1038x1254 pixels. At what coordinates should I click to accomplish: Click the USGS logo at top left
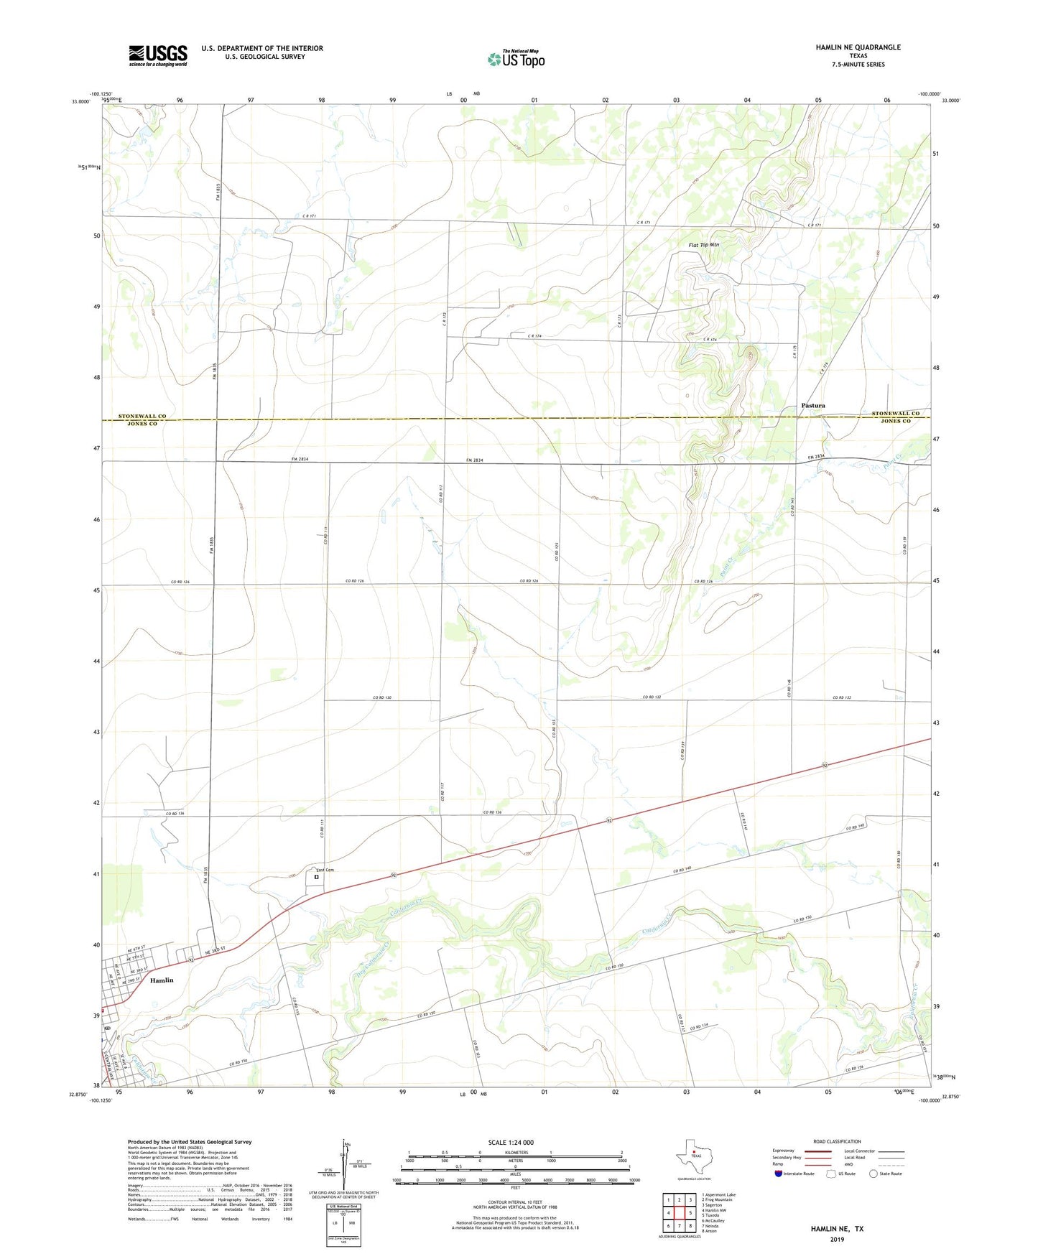(x=158, y=55)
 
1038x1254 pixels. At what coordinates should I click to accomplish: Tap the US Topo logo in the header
(x=516, y=59)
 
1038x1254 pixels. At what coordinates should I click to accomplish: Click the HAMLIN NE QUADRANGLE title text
(x=858, y=47)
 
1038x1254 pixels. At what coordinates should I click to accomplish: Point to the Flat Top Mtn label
(x=703, y=245)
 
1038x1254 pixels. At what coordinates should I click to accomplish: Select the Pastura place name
(x=812, y=406)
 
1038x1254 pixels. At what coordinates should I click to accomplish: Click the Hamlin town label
(x=162, y=980)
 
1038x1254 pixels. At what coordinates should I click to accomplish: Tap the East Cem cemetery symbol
(x=316, y=876)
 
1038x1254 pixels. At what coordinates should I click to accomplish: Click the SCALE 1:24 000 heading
(x=511, y=1143)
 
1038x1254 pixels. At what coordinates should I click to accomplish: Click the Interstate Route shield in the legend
(x=779, y=1174)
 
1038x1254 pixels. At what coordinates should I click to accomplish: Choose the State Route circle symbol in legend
(x=873, y=1174)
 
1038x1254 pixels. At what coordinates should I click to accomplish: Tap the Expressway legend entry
(x=783, y=1151)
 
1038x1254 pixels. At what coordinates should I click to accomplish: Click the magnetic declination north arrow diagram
(x=346, y=1164)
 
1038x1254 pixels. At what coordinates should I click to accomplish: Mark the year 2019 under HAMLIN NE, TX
(x=837, y=1240)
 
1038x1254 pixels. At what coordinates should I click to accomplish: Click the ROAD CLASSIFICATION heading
(x=837, y=1141)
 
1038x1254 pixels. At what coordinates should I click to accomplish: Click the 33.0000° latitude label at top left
(x=80, y=101)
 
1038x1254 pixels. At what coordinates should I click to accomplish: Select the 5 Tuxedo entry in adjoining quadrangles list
(x=712, y=1215)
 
